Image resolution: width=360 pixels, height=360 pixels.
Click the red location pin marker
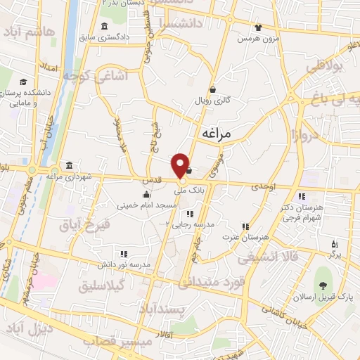tap(182, 165)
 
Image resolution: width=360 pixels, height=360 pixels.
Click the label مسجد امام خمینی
tap(146, 205)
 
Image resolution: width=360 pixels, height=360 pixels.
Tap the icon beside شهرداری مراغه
tap(69, 166)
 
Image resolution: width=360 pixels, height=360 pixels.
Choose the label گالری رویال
tap(213, 101)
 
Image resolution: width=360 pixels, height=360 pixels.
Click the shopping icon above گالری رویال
tap(213, 90)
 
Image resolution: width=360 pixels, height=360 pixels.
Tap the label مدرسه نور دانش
tap(124, 264)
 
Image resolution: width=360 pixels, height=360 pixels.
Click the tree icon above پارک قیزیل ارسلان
tap(323, 285)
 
